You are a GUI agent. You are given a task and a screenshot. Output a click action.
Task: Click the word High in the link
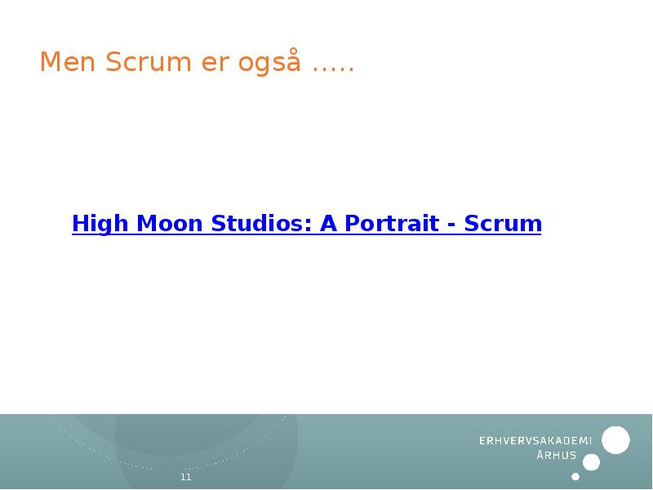coord(97,224)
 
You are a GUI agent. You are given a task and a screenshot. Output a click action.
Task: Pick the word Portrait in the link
coord(389,223)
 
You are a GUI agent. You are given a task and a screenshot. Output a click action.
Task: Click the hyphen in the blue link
coord(451,225)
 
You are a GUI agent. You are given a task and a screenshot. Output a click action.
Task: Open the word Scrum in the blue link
coord(503,223)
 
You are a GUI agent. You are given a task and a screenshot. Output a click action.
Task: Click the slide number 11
coord(185,477)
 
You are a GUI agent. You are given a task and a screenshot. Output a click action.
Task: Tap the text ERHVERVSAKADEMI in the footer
coord(535,441)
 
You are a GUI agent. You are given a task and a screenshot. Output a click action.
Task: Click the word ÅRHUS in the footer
coord(557,456)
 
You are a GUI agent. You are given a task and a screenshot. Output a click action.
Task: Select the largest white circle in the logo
coord(615,440)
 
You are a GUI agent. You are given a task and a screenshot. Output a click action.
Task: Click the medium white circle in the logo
coord(592,462)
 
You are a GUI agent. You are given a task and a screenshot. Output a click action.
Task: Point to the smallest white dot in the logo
coord(575,476)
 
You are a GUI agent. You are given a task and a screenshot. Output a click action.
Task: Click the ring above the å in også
coord(292,51)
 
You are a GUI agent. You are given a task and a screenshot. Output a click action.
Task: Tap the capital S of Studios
coord(218,223)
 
